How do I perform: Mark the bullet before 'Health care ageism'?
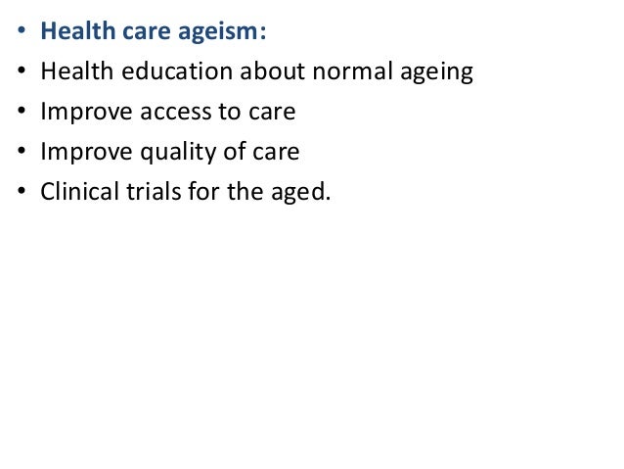pyautogui.click(x=21, y=35)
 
